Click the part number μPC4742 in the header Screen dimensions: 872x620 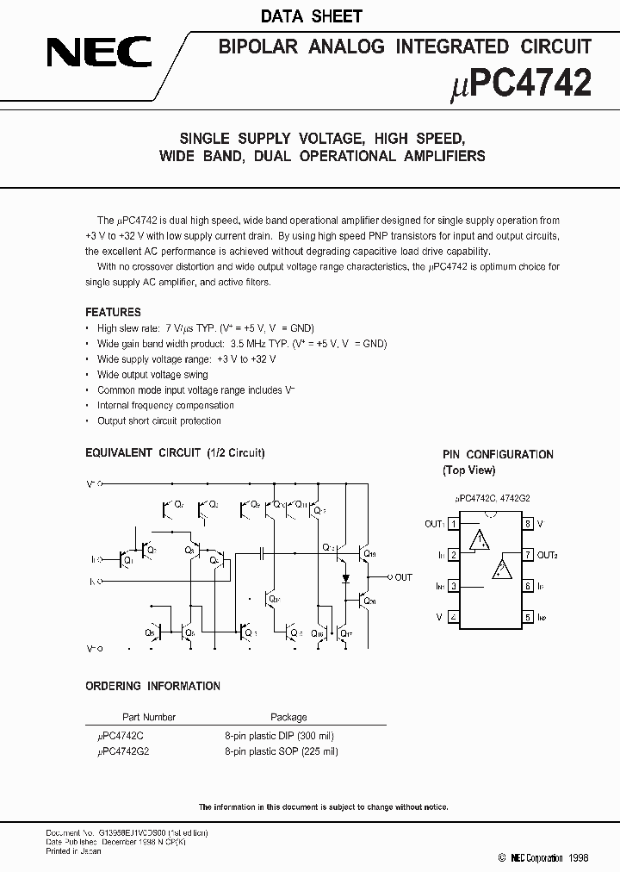click(x=521, y=84)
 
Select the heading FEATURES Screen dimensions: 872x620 click(x=113, y=312)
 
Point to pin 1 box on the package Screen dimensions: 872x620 click(x=453, y=524)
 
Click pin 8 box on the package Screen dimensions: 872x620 click(x=527, y=524)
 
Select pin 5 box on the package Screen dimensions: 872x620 click(x=527, y=617)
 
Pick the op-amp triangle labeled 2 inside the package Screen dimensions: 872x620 click(x=501, y=570)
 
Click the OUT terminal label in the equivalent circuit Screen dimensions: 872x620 click(x=403, y=577)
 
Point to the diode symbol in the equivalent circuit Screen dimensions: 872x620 click(x=345, y=577)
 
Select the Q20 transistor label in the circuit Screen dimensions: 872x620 click(x=369, y=601)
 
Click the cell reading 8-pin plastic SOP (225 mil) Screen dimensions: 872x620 click(x=282, y=751)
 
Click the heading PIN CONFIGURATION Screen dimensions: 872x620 click(x=498, y=454)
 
